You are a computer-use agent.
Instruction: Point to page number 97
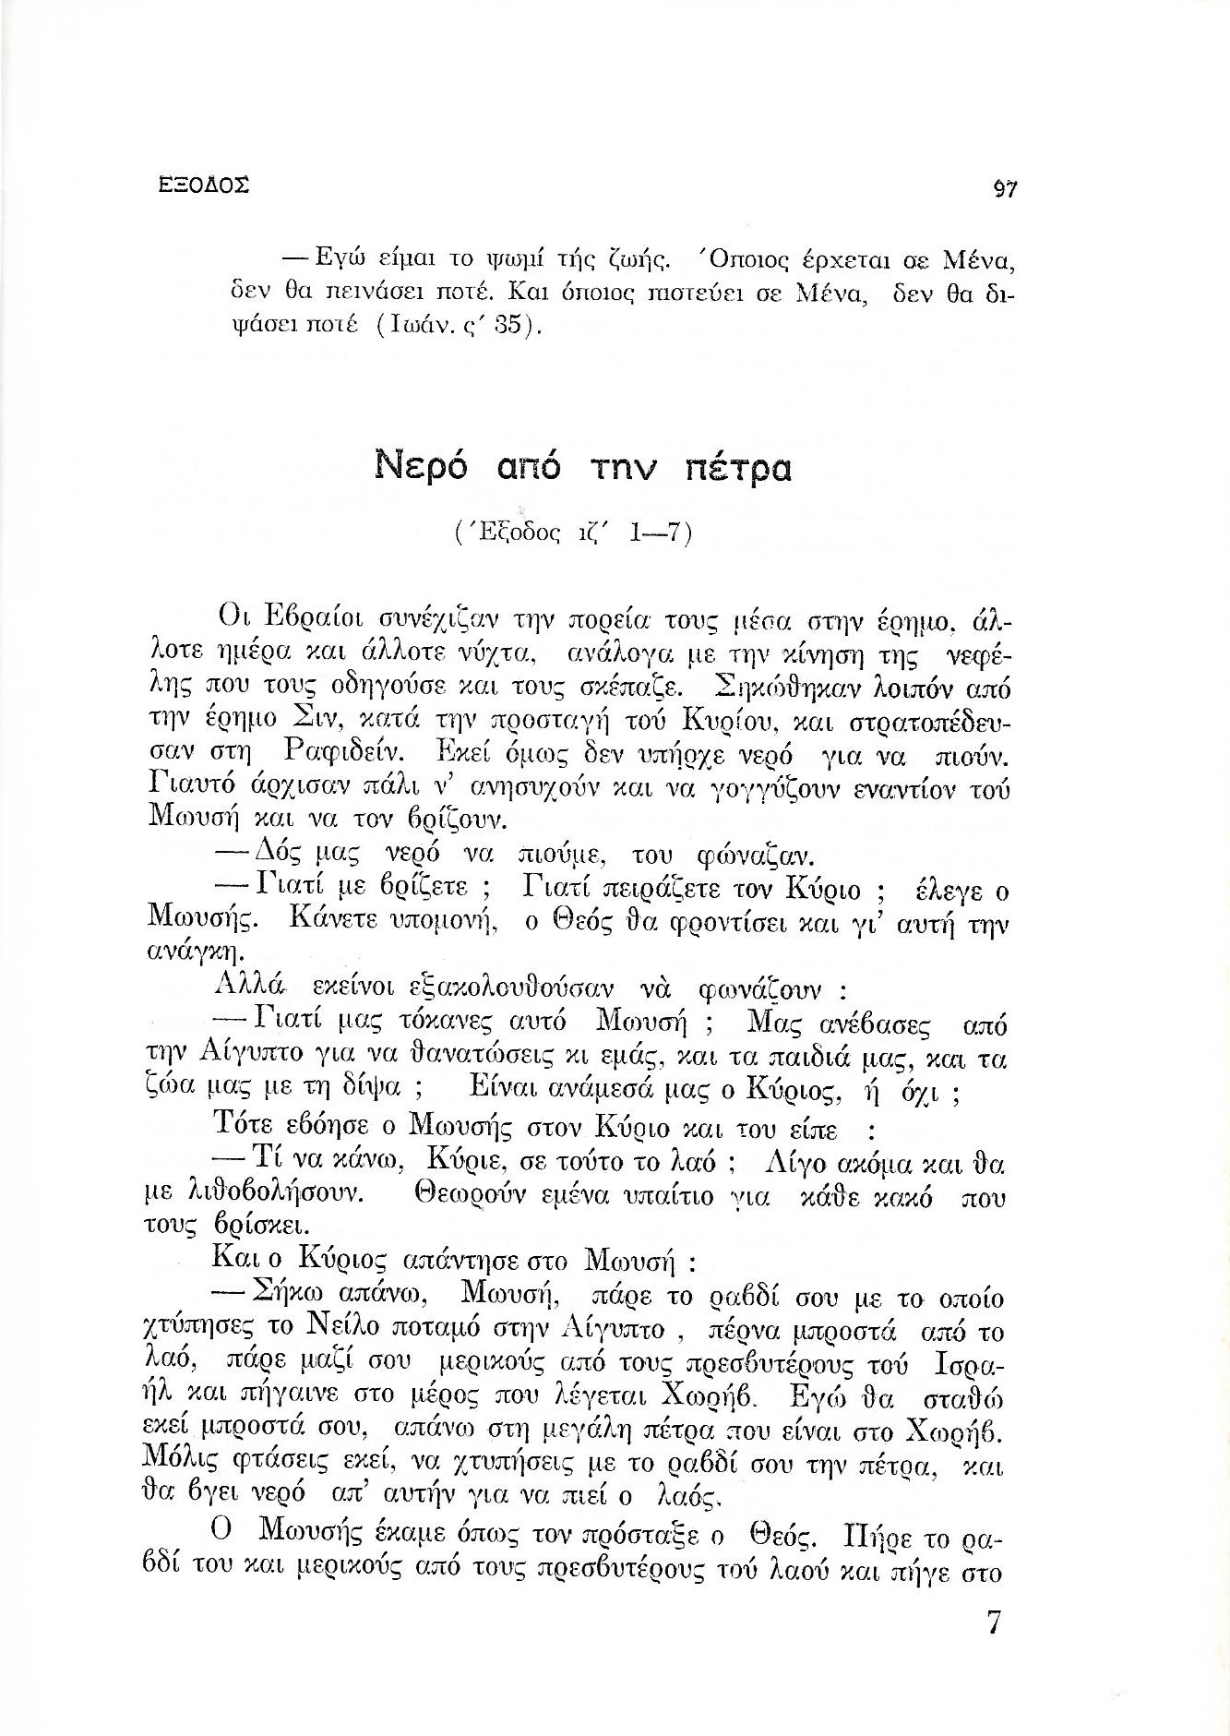pos(1002,188)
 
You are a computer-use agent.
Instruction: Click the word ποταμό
pos(479,1332)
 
